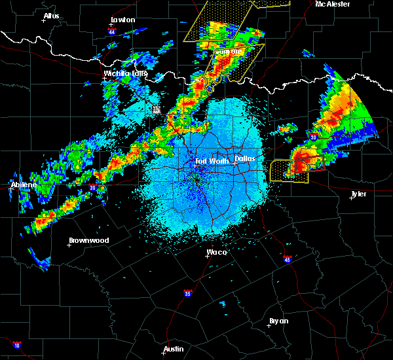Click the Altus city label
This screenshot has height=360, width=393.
(x=51, y=16)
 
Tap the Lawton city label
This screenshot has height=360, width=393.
(x=122, y=20)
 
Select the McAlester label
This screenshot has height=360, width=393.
(x=333, y=4)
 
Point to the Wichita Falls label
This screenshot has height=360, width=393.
(x=126, y=73)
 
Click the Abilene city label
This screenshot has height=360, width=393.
(x=24, y=185)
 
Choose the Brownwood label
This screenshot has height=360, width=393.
(x=89, y=240)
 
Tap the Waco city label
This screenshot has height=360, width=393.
(x=217, y=252)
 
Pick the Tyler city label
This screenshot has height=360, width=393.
(x=358, y=194)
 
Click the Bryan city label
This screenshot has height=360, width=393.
(x=279, y=321)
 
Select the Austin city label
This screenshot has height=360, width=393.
(x=174, y=349)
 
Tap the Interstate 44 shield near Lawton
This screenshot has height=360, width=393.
(x=112, y=31)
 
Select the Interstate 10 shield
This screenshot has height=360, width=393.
(x=16, y=344)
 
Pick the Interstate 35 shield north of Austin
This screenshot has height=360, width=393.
(x=188, y=292)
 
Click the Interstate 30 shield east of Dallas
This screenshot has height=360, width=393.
(x=314, y=137)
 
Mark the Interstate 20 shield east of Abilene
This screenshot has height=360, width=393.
(x=92, y=189)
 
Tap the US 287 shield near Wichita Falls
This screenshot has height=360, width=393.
(x=157, y=110)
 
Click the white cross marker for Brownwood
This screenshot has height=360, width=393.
(x=69, y=245)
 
